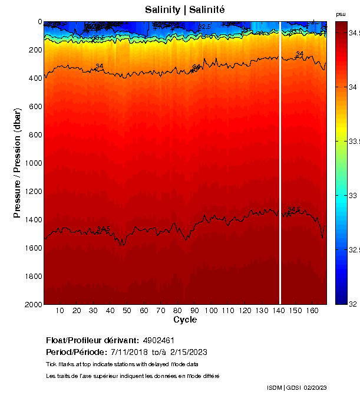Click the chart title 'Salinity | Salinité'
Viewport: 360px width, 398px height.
pyautogui.click(x=185, y=10)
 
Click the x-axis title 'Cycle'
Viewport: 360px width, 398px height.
pyautogui.click(x=185, y=320)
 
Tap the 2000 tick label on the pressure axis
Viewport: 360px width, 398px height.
pyautogui.click(x=33, y=304)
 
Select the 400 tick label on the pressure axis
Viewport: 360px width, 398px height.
pyautogui.click(x=35, y=78)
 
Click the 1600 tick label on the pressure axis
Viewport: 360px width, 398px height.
pyautogui.click(x=33, y=248)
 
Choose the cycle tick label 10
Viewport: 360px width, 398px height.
pyautogui.click(x=60, y=311)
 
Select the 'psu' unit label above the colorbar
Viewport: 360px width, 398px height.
pyautogui.click(x=341, y=14)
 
